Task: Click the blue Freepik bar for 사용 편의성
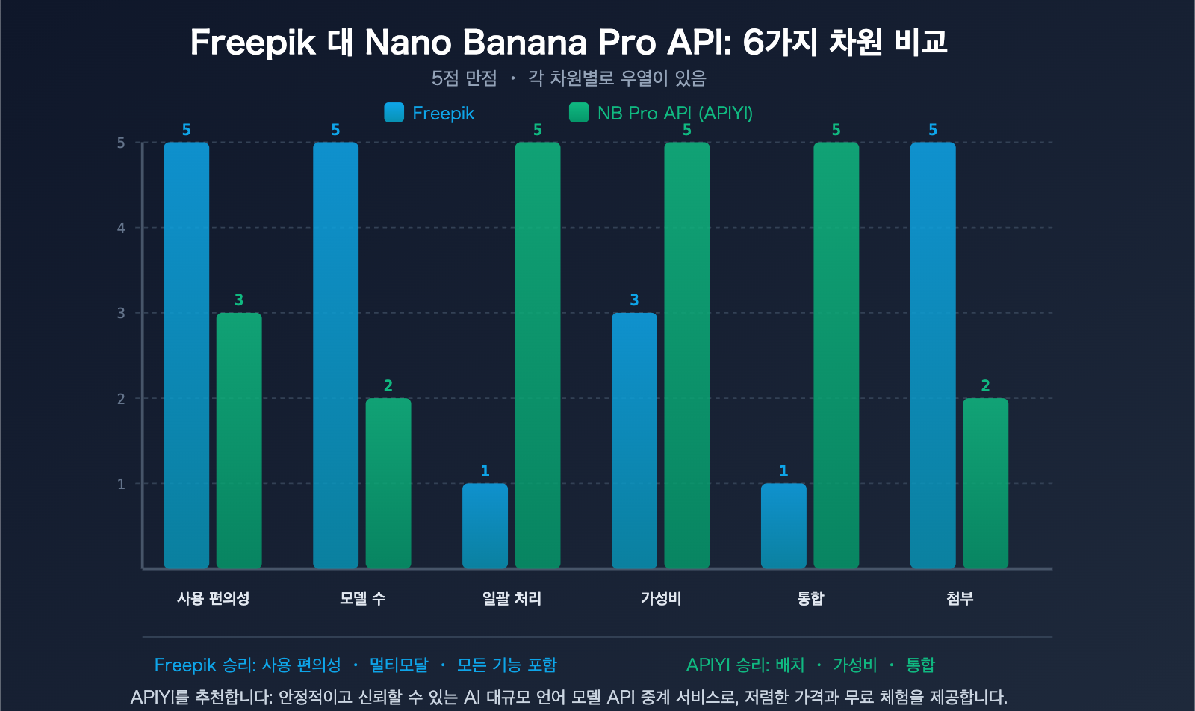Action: tap(186, 355)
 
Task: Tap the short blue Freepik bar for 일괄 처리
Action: tap(485, 526)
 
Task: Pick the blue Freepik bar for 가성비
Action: tap(634, 441)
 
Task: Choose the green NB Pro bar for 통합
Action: tap(836, 355)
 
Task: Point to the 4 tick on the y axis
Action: tap(121, 228)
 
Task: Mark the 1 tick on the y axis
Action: tap(121, 484)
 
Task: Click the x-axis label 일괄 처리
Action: tap(512, 598)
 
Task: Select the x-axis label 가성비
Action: tap(661, 598)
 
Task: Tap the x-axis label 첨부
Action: tap(960, 598)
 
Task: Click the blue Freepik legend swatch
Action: tap(394, 113)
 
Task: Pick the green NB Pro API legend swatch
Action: tap(579, 113)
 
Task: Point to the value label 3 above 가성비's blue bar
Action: tap(634, 300)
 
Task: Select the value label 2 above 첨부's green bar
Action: tap(985, 386)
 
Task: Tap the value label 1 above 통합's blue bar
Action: tap(783, 471)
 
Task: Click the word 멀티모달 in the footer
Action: tap(399, 665)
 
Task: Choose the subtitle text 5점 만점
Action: tap(464, 78)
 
